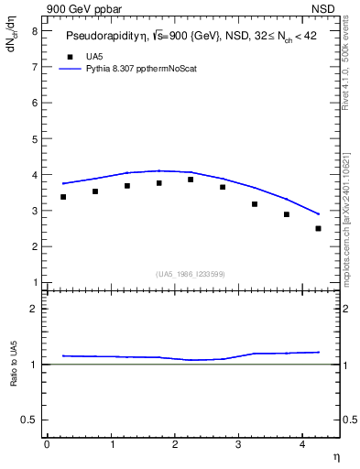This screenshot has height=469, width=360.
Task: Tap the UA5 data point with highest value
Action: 191,180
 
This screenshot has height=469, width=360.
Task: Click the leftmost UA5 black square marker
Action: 63,197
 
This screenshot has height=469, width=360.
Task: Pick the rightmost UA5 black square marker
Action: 318,228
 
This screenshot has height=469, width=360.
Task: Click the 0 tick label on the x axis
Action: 47,443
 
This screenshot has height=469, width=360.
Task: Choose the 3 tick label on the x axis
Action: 238,443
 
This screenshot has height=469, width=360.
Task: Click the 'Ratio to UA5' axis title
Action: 14,378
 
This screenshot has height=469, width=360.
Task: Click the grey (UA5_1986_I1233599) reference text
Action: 191,273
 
